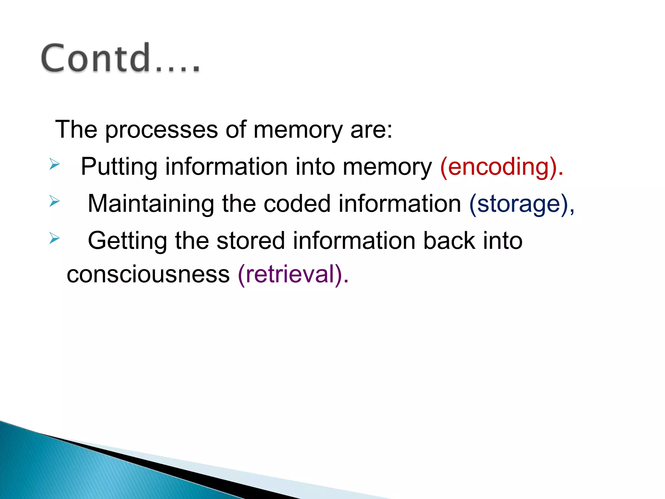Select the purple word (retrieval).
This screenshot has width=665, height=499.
point(293,274)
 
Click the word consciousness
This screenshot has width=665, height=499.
point(148,274)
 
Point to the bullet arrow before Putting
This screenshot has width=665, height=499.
point(54,164)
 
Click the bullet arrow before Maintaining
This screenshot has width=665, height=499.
point(54,201)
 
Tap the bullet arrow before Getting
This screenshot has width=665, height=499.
point(54,238)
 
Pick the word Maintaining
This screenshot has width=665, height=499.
point(151,204)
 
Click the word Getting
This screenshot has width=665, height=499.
point(127,241)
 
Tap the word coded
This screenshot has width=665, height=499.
point(297,204)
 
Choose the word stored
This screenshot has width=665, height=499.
point(251,241)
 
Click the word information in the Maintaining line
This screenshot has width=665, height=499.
point(399,204)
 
